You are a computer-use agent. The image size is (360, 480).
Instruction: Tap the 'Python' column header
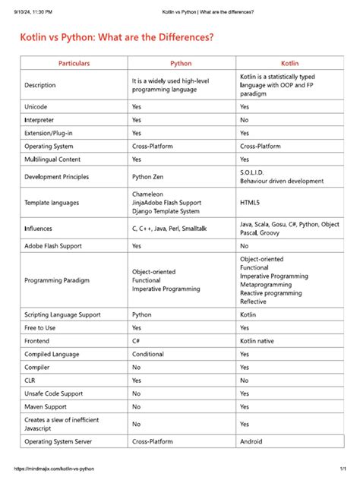tap(181, 63)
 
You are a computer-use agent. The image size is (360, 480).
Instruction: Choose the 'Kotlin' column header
tap(290, 63)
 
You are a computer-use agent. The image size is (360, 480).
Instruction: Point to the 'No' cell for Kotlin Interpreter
tap(245, 120)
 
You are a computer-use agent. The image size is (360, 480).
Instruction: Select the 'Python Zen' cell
tap(152, 176)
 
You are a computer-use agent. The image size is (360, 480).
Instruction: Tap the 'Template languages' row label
tap(54, 203)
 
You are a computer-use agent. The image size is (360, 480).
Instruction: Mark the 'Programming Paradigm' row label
tap(57, 280)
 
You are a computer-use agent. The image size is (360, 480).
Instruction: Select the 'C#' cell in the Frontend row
tap(137, 342)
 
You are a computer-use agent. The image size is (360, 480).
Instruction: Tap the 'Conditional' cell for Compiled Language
tap(148, 355)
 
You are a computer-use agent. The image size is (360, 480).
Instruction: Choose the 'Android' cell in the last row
tap(251, 441)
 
